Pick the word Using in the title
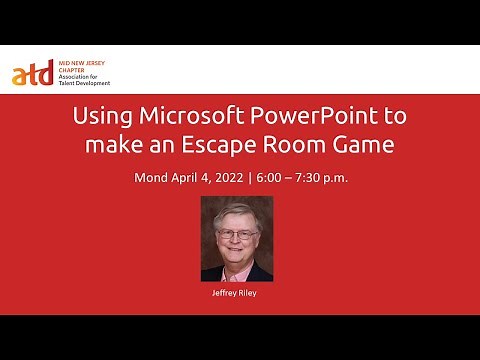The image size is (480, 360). [x=99, y=116]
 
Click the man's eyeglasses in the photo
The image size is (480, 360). [x=236, y=234]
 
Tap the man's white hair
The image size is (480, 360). [x=236, y=212]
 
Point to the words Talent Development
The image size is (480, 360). [x=81, y=85]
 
